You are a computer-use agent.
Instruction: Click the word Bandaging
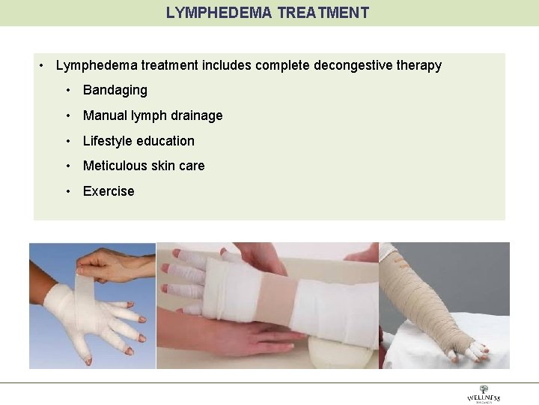(115, 90)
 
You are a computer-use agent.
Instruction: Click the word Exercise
(109, 191)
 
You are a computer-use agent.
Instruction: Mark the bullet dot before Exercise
(68, 191)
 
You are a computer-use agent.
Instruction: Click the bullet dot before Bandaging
(68, 90)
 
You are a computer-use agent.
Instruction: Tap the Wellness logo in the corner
(484, 394)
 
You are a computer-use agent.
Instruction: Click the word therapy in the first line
(421, 65)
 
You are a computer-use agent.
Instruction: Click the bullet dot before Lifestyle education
(68, 141)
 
